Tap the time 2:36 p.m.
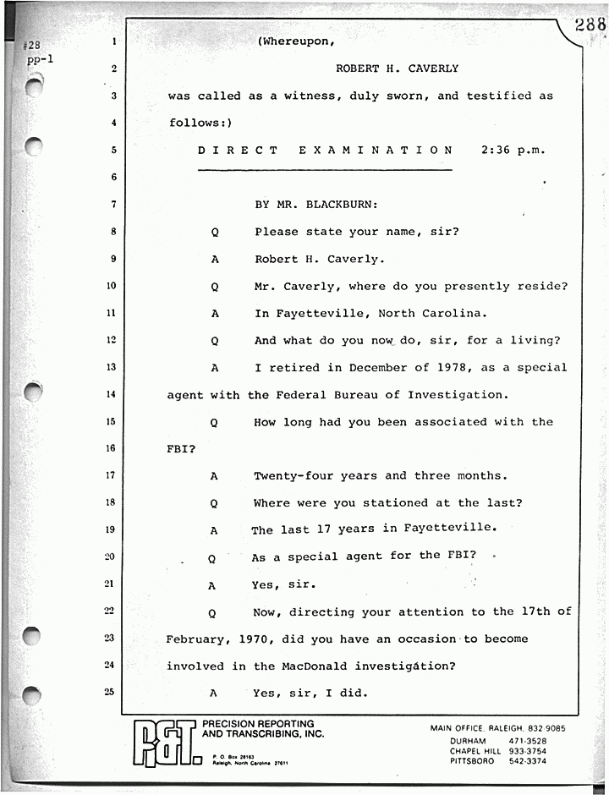point(513,150)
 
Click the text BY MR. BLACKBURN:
point(317,204)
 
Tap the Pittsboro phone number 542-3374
point(527,761)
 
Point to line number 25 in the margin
point(111,692)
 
